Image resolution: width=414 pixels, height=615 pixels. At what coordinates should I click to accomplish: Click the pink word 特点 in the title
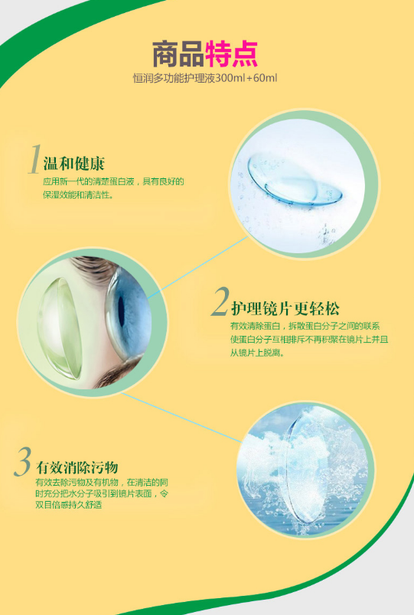tap(232, 54)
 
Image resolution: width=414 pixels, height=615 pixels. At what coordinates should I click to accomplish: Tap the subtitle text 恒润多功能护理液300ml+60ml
tap(204, 79)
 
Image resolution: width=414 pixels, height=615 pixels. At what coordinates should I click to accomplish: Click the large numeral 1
tap(33, 160)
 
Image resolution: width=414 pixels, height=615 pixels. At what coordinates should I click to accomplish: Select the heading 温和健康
tap(73, 164)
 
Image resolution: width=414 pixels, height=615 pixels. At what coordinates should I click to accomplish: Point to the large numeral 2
tap(219, 303)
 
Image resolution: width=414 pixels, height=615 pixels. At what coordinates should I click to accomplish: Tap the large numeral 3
tap(23, 462)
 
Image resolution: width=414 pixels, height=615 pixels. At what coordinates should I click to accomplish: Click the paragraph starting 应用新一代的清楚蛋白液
tap(113, 188)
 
